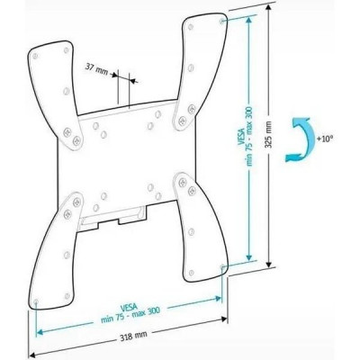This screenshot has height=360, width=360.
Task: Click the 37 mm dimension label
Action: pos(96,67)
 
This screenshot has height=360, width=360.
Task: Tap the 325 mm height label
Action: pos(269,134)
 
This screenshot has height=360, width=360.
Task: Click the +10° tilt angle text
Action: pos(325,139)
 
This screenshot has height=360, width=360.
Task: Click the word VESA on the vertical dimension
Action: pos(240,137)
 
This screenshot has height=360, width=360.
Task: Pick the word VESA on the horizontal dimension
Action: pos(129,308)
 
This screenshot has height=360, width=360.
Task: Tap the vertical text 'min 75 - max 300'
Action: pos(249,137)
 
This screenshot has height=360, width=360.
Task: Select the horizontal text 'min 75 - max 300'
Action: pos(130,315)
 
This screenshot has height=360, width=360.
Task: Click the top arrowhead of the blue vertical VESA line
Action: pos(248,20)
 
